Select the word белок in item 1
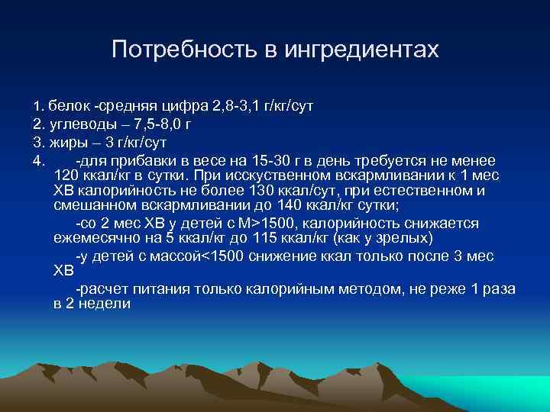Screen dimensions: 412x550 (x=69, y=104)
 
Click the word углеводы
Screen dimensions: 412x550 (x=83, y=123)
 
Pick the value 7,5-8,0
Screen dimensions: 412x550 (x=157, y=123)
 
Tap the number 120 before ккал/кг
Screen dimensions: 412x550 (x=68, y=175)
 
